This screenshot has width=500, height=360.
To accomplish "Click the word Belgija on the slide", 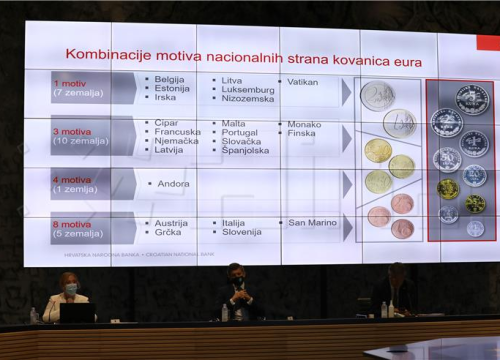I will (x=169, y=79).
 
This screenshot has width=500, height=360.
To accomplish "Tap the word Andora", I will (x=173, y=184).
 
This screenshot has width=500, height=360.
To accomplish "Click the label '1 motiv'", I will (x=70, y=83).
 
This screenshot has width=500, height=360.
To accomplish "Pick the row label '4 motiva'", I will (x=72, y=180).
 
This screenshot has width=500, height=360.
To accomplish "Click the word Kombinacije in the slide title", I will (x=104, y=54).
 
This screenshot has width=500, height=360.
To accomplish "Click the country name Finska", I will (x=302, y=133).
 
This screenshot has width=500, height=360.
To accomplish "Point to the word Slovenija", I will (x=242, y=232).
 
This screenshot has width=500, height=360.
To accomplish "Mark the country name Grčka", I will (x=169, y=232).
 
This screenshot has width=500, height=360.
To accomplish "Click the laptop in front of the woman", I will (x=77, y=312).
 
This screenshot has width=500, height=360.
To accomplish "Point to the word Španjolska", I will (x=246, y=151).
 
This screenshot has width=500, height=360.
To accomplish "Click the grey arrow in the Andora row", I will (x=346, y=184).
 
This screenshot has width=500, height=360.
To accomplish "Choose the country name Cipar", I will (x=167, y=123).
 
